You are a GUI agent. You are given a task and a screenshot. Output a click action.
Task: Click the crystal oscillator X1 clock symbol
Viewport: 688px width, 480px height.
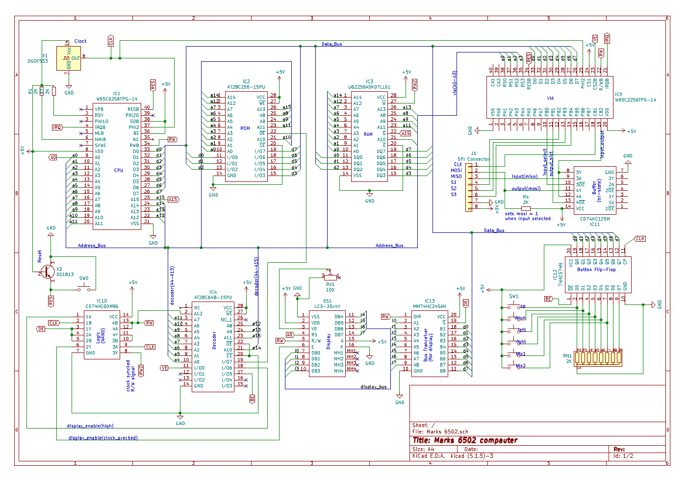click(x=69, y=58)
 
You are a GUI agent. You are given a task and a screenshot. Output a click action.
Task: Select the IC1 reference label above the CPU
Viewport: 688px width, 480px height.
click(x=117, y=93)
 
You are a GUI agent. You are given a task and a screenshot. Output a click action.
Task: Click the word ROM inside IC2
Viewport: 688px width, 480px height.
click(x=245, y=128)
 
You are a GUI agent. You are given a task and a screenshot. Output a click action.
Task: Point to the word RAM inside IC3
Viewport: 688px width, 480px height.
click(x=368, y=134)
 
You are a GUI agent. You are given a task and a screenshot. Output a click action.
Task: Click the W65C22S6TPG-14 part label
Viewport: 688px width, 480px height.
click(x=636, y=100)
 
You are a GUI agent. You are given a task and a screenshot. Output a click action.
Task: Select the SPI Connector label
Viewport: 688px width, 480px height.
click(x=473, y=159)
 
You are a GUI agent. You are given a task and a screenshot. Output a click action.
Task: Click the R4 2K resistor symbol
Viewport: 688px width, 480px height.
click(x=526, y=208)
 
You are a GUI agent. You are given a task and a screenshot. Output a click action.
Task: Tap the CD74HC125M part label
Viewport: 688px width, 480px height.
click(x=595, y=219)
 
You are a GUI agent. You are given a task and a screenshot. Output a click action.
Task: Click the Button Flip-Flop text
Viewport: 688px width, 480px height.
click(x=596, y=270)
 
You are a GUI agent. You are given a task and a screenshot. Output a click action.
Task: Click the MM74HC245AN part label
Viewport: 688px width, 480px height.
click(x=430, y=306)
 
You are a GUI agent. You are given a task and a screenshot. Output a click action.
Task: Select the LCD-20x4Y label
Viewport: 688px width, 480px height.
click(x=327, y=306)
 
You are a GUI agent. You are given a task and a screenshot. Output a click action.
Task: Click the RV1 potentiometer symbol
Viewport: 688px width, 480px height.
click(x=330, y=277)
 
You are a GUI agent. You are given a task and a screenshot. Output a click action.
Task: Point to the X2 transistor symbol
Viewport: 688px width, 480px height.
click(x=48, y=272)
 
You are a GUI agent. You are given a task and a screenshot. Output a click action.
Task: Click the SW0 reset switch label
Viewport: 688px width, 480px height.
click(x=84, y=278)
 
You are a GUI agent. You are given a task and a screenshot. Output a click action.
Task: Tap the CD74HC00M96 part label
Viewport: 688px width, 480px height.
click(x=102, y=306)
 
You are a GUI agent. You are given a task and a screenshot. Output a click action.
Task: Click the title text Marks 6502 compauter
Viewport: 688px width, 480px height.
click(x=465, y=440)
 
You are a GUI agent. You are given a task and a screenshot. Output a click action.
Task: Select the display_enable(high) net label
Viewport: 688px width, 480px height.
click(x=90, y=426)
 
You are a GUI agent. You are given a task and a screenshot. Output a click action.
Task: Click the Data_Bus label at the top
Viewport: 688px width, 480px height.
click(x=331, y=44)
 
